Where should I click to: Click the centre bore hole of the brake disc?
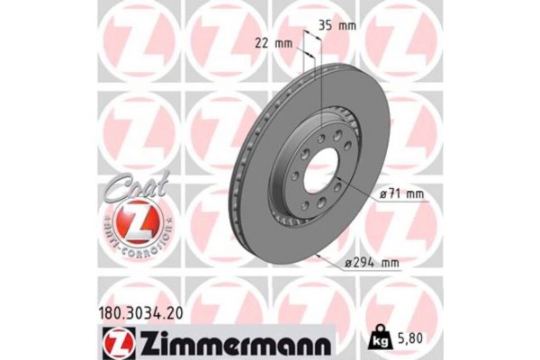319,171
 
